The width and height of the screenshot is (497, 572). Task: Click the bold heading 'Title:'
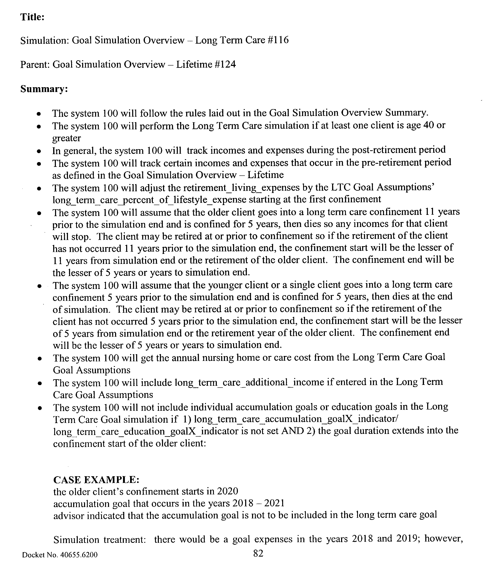[x=32, y=17]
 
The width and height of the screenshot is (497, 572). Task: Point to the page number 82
[x=258, y=554]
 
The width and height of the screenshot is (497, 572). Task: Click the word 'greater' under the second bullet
[x=67, y=138]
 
